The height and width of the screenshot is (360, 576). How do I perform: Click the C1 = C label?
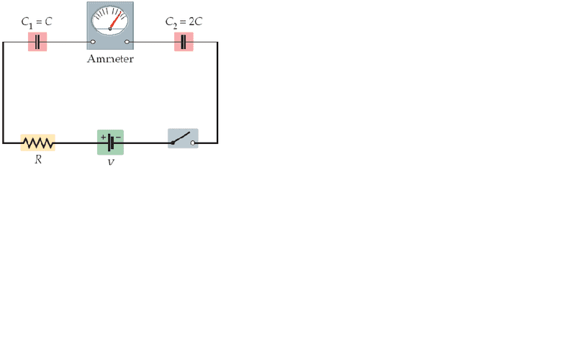37,22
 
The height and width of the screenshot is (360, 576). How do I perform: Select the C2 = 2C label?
184,22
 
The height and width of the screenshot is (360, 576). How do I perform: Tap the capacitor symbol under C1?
37,42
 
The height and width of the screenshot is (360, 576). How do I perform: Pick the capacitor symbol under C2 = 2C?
184,42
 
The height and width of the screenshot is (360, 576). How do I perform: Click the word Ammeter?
110,59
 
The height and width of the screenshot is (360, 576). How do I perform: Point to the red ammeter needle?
115,20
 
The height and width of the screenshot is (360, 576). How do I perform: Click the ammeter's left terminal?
93,42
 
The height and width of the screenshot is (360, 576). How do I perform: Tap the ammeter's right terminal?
127,42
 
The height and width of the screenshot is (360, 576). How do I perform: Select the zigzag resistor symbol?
38,143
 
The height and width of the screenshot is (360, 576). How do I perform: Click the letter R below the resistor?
38,159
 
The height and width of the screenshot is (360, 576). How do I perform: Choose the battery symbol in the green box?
111,143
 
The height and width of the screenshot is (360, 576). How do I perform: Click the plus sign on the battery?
103,137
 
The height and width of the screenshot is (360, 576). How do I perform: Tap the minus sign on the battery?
118,137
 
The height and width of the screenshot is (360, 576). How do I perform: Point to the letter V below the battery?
111,162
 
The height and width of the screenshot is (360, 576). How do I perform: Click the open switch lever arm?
181,138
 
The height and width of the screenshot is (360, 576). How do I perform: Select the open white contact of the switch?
193,143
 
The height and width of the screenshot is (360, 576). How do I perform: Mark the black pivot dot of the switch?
173,143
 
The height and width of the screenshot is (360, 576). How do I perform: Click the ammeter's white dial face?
110,21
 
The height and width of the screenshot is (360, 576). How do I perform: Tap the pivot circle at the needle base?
110,29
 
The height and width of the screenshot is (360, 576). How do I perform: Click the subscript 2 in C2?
175,26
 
